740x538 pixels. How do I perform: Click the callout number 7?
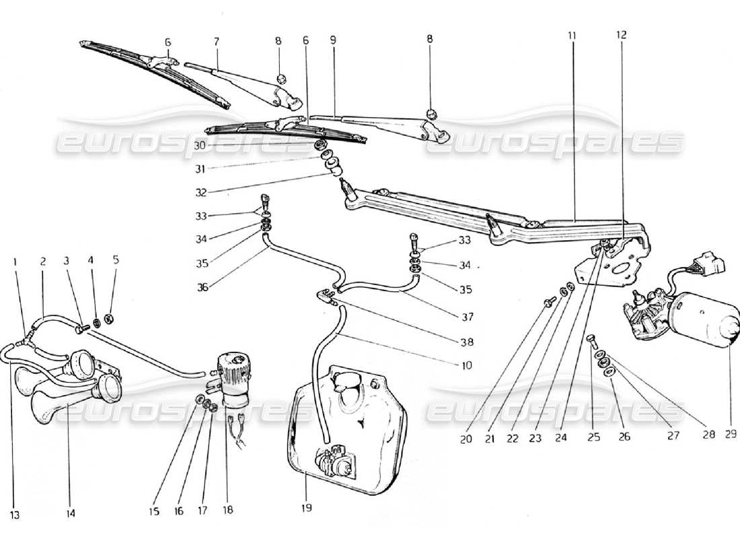point(217,42)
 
